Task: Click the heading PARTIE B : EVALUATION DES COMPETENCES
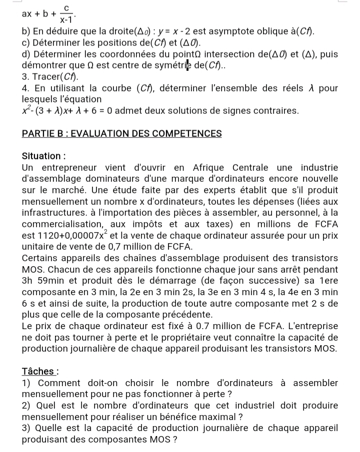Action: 122,133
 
